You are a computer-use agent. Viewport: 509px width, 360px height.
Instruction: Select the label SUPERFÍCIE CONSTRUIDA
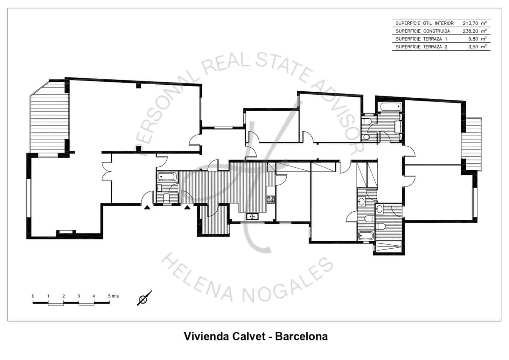(x=422, y=31)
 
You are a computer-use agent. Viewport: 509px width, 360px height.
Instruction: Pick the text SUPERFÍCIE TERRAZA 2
(x=421, y=47)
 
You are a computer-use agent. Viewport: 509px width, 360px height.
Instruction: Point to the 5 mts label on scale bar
(x=113, y=296)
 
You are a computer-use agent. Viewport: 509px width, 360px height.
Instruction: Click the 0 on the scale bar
(x=33, y=296)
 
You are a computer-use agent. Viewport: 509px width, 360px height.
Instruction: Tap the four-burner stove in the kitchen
(x=271, y=200)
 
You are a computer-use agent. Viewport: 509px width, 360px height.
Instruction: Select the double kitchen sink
(x=253, y=217)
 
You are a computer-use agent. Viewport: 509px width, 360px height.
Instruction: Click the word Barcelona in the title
(x=301, y=336)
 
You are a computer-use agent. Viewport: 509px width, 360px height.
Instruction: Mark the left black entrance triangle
(x=147, y=208)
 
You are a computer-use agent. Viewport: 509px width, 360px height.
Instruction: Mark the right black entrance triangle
(x=187, y=208)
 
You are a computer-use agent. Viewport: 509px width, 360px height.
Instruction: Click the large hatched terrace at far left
(x=50, y=118)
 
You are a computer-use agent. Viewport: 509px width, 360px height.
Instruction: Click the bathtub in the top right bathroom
(x=390, y=107)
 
